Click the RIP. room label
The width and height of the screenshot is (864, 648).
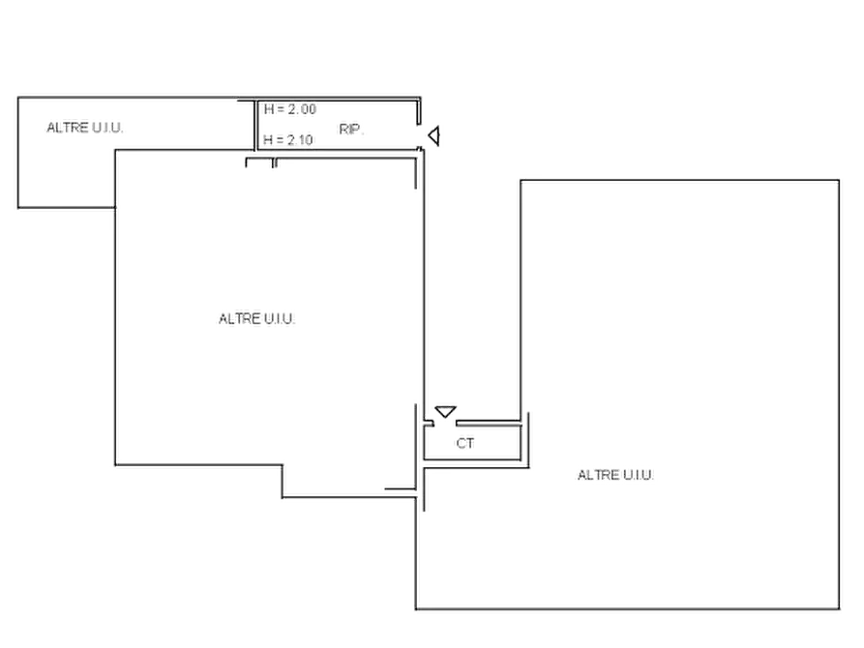coord(351,130)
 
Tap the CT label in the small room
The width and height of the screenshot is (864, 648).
coord(465,443)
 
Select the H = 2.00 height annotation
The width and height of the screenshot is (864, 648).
coord(290,109)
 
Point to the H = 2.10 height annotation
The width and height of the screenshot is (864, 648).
coord(288,140)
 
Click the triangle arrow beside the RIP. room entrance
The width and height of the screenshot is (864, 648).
coord(434,135)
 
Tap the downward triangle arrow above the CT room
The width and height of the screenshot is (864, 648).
coord(445,412)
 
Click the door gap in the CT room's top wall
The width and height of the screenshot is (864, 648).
coord(445,424)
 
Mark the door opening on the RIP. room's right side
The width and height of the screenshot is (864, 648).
coord(419,136)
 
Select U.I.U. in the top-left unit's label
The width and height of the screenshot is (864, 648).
coord(107,128)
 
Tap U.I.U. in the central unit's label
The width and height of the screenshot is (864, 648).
coord(280,319)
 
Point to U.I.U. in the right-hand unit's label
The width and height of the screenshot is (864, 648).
coord(638,475)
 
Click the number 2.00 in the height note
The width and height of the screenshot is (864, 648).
coord(302,109)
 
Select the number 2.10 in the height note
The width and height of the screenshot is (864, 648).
coord(300,140)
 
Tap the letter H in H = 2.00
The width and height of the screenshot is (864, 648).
coord(268,109)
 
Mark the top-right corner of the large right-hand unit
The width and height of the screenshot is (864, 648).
coord(839,180)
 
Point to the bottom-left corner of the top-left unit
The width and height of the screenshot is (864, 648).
coord(18,208)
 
